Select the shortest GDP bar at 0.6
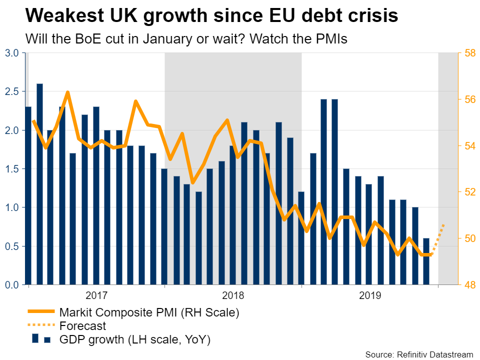coord(426,261)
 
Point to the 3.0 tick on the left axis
coord(12,53)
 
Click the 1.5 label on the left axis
coord(12,169)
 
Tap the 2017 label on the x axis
coord(96,295)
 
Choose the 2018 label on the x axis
coord(233,295)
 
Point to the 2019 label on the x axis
coord(370,295)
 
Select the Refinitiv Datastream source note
coord(419,354)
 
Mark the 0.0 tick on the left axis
coord(12,285)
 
